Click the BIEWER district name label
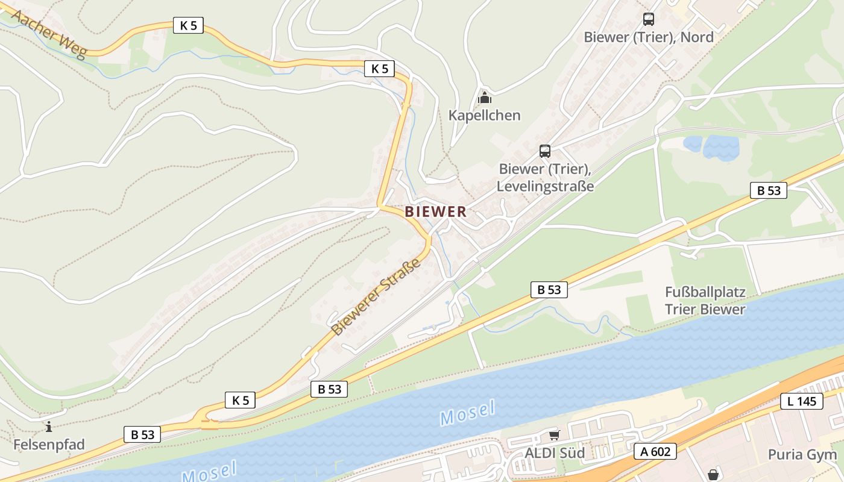point(436,211)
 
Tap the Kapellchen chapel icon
point(484,97)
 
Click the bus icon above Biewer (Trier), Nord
point(649,19)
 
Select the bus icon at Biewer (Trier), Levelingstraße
point(544,151)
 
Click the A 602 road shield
point(655,451)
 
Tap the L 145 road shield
point(802,401)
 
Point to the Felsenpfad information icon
point(49,427)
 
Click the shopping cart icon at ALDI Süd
point(554,435)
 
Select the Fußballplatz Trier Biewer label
point(705,301)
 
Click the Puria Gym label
point(802,454)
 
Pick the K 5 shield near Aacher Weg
point(188,25)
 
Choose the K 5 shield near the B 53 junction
point(240,400)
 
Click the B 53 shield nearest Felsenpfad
point(143,434)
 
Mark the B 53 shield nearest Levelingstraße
point(769,190)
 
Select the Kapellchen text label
point(484,115)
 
